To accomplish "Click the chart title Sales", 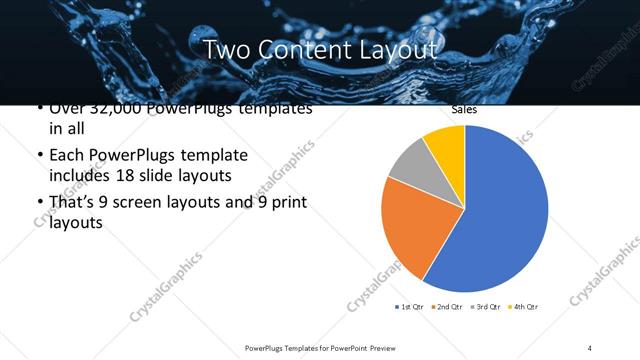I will tap(463, 110).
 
